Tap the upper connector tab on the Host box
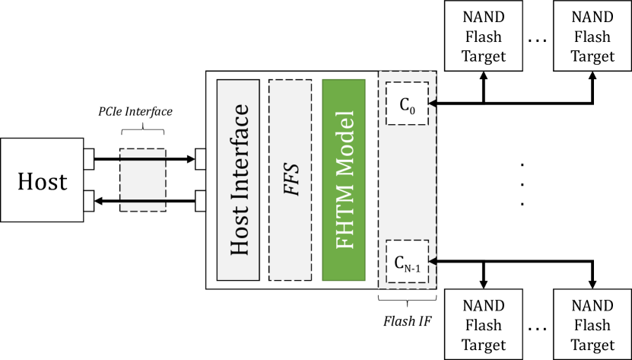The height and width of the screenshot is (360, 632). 88,159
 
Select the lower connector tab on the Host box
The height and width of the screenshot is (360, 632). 88,200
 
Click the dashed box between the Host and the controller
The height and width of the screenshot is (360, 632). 143,180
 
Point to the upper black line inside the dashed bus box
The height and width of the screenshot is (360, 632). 143,159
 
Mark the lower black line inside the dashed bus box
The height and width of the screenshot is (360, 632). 143,201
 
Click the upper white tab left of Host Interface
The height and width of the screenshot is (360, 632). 201,159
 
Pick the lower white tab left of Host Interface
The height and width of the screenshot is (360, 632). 201,200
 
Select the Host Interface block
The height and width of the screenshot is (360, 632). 238,180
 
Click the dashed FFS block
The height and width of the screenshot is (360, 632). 291,180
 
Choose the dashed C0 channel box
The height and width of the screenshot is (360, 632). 407,104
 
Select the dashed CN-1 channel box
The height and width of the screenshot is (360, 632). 407,263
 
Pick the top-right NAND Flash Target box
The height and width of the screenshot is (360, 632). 592,36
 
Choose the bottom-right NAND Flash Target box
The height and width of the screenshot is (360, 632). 592,325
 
